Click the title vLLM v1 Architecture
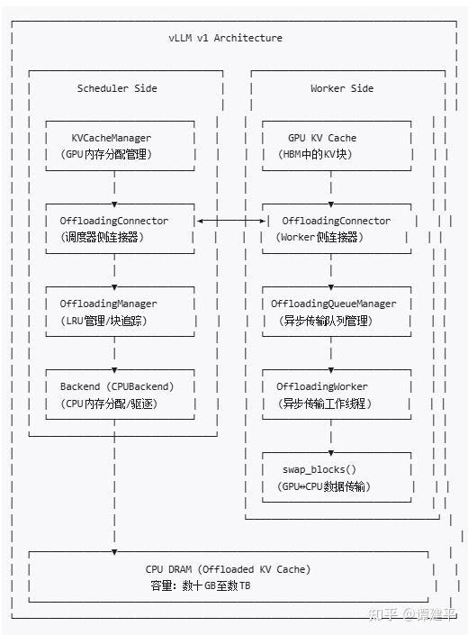[x=225, y=38]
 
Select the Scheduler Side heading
[x=117, y=88]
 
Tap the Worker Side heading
[x=342, y=88]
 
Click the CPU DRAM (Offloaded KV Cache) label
[x=228, y=569]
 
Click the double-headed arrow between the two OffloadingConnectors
[x=231, y=221]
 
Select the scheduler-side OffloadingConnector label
[x=114, y=221]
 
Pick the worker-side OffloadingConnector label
[x=336, y=221]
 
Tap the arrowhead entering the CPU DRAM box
[x=114, y=552]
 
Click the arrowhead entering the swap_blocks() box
[x=331, y=453]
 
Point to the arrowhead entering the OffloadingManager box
[x=114, y=287]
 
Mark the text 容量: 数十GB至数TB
[x=200, y=585]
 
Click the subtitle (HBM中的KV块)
[x=315, y=154]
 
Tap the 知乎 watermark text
[x=382, y=615]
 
